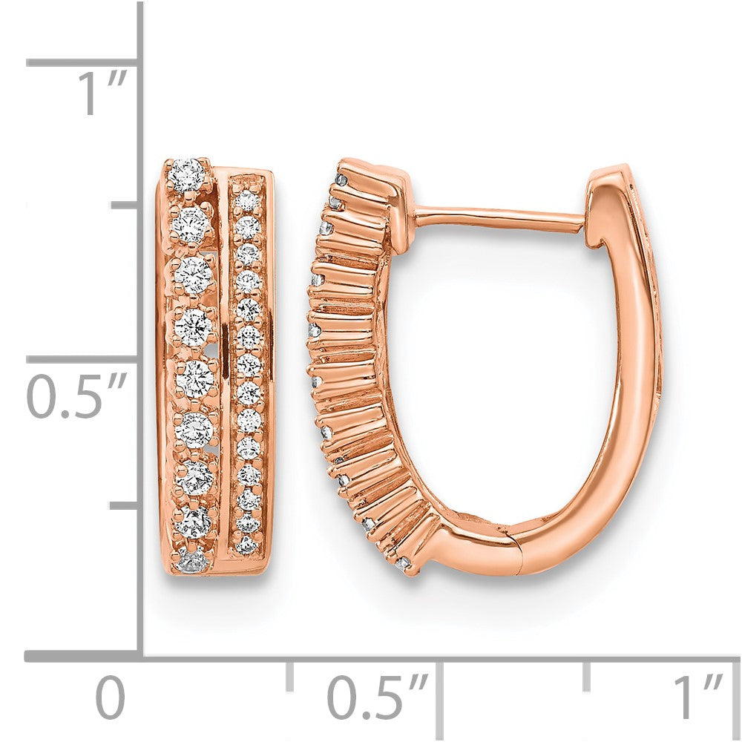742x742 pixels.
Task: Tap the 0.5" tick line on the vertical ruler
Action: [82, 360]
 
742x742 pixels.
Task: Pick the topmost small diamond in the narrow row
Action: [244, 200]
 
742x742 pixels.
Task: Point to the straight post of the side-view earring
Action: [497, 217]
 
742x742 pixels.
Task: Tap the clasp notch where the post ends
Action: [588, 223]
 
